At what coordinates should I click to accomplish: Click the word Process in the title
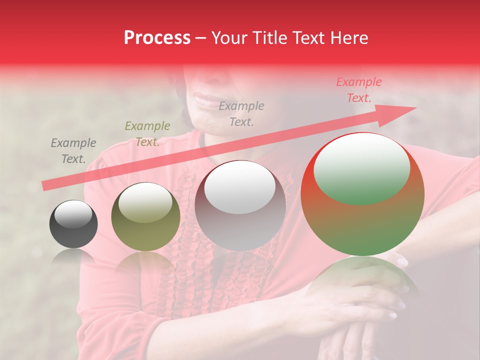click(x=157, y=38)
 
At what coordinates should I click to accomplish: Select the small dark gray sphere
click(x=73, y=224)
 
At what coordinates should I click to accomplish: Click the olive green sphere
click(x=145, y=217)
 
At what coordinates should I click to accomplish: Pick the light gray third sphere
click(x=240, y=206)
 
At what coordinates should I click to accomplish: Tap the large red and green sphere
click(x=362, y=194)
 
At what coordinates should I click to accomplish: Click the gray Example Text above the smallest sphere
click(x=73, y=151)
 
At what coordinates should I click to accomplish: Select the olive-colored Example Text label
click(x=147, y=134)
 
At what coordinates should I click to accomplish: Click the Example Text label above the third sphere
click(x=241, y=113)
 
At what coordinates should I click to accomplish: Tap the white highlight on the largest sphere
click(x=361, y=167)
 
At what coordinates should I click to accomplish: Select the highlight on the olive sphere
click(x=145, y=202)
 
